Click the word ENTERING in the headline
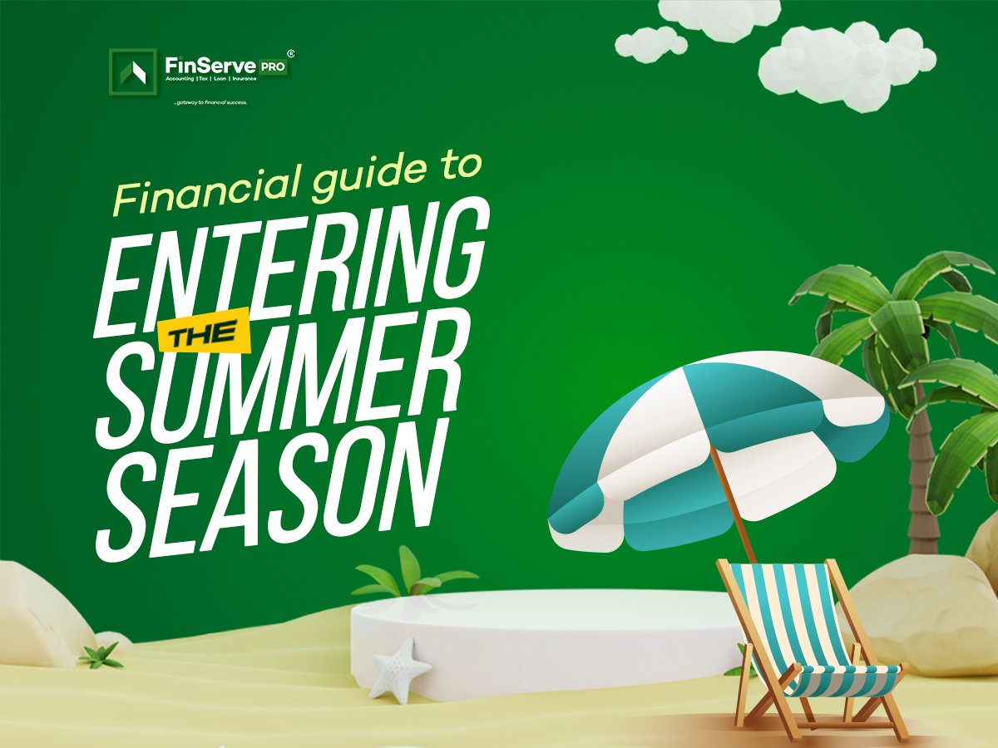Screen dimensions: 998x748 tap(291, 268)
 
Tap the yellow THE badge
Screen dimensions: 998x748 tap(204, 330)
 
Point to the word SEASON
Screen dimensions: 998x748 tap(270, 488)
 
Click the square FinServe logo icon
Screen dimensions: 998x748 tap(133, 71)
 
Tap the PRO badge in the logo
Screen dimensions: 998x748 tap(273, 66)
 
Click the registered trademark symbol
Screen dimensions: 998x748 tap(290, 53)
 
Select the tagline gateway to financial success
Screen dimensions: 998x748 tap(211, 102)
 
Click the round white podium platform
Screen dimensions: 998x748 tap(546, 640)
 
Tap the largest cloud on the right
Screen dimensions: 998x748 tap(846, 66)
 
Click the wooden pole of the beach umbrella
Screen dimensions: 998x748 tap(731, 504)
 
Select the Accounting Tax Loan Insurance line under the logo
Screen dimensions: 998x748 tap(211, 79)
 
